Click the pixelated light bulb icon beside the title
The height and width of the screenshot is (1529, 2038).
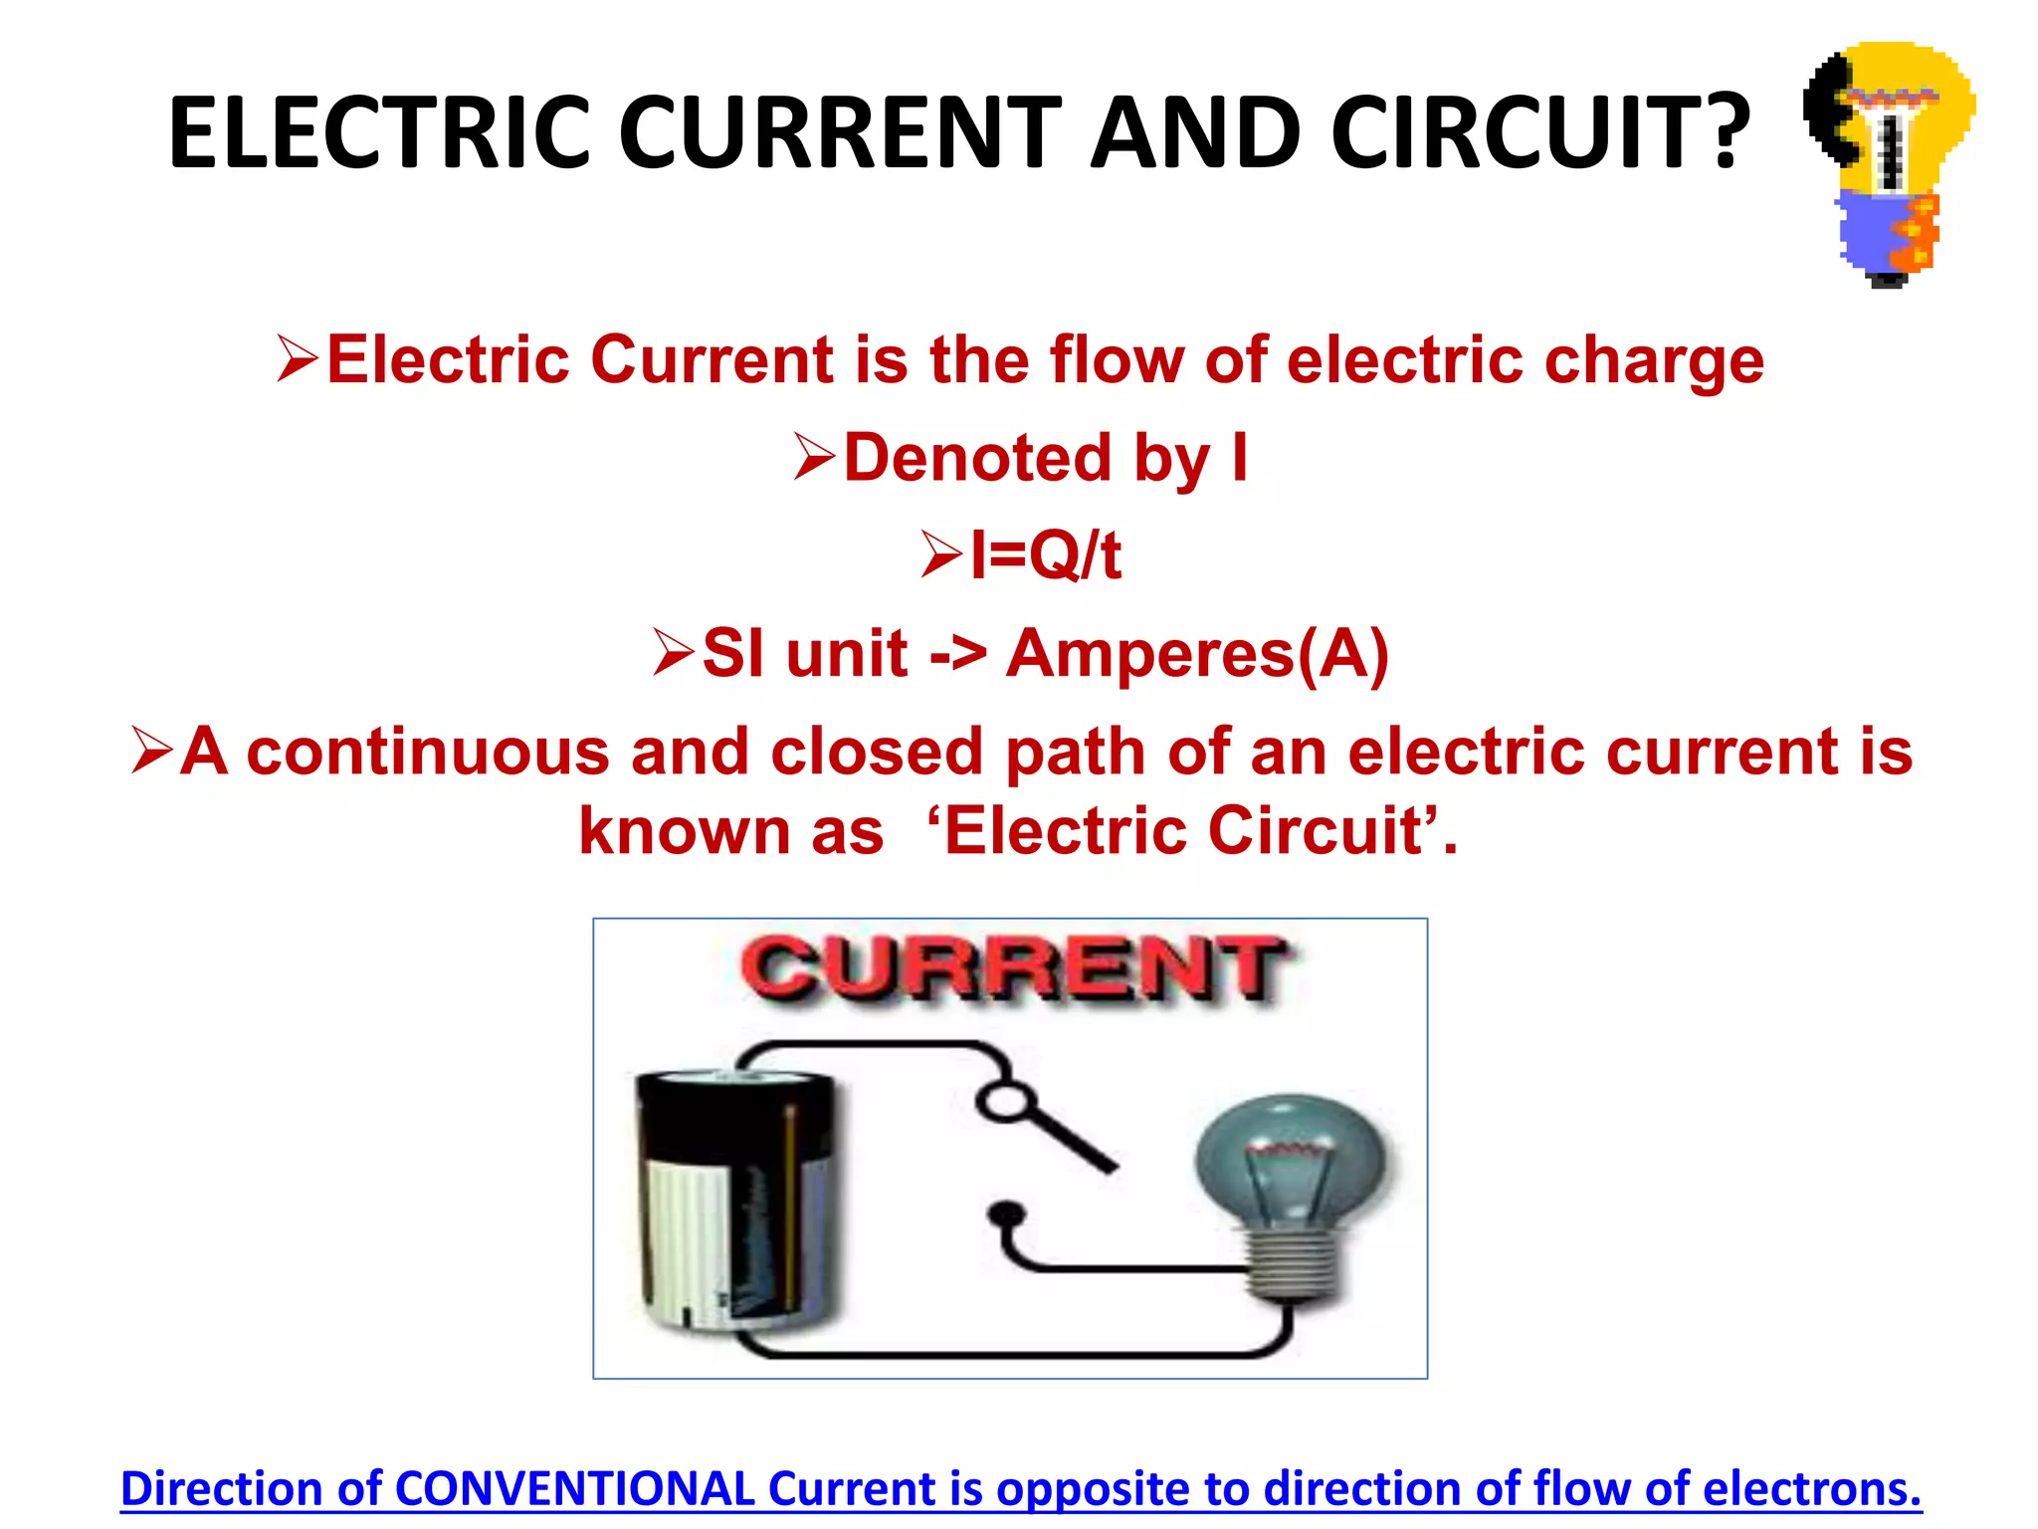[x=1889, y=159]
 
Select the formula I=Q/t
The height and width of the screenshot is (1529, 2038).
[x=1045, y=555]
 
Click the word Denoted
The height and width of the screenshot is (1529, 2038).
[x=977, y=458]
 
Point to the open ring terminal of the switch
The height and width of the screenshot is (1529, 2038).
[x=1003, y=1101]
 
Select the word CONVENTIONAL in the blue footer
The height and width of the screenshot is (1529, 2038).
[x=575, y=1489]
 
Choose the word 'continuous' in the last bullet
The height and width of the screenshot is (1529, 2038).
[x=427, y=751]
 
